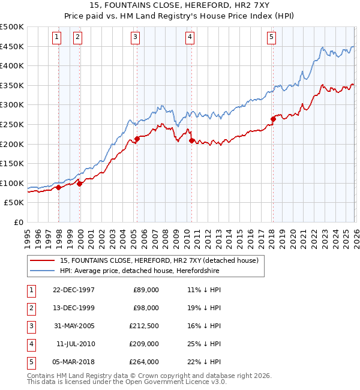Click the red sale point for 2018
(x=272, y=119)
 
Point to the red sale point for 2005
(x=137, y=139)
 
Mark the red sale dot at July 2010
(x=191, y=140)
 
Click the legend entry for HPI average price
(x=139, y=271)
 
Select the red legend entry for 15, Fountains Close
(x=159, y=260)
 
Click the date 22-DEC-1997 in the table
(x=74, y=290)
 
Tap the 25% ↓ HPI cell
(x=203, y=344)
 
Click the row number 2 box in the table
(x=31, y=308)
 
